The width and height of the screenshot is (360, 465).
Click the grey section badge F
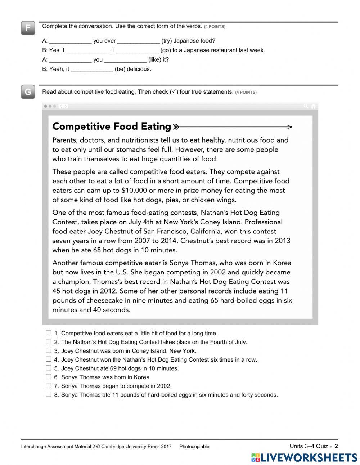point(28,28)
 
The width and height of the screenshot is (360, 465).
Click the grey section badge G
point(28,92)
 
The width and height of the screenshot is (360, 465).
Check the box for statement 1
point(49,333)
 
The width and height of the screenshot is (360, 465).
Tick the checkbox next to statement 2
point(49,342)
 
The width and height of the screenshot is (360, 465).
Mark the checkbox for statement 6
point(49,377)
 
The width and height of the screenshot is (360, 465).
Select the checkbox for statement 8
point(49,394)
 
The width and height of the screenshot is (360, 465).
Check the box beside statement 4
point(49,359)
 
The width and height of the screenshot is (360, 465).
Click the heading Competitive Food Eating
point(112,126)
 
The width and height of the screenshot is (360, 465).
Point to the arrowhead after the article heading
point(290,127)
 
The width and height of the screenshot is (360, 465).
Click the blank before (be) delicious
point(92,69)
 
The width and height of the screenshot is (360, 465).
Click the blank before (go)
point(138,50)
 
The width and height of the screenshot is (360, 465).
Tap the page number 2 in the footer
point(336,446)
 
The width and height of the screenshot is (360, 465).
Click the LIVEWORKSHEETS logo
point(304,457)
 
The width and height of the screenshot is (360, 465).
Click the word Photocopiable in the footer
point(194,447)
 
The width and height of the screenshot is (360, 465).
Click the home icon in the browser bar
point(313,106)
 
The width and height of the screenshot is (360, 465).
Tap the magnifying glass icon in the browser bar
point(306,106)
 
